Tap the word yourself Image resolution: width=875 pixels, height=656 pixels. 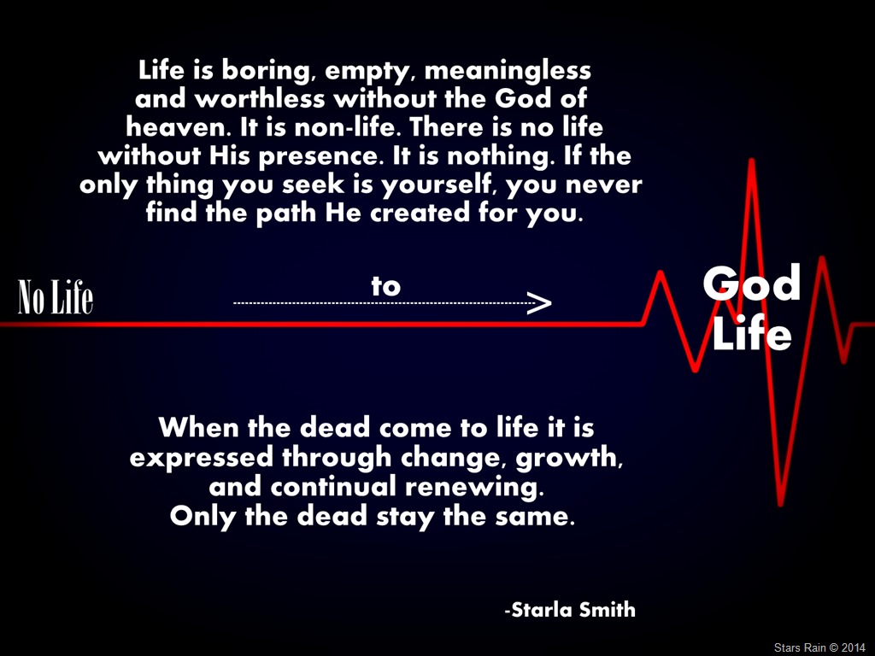click(x=439, y=185)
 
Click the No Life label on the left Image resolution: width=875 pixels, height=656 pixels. click(x=56, y=296)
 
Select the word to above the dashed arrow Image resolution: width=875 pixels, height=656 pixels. click(x=386, y=286)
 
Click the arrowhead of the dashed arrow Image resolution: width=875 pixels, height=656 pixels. click(x=539, y=303)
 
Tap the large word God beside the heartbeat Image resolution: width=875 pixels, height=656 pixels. click(x=752, y=284)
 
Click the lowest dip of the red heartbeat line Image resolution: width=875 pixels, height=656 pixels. click(x=781, y=504)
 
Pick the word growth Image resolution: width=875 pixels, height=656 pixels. click(x=568, y=458)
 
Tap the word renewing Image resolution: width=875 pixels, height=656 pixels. click(x=474, y=487)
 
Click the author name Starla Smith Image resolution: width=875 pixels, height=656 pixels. click(x=570, y=610)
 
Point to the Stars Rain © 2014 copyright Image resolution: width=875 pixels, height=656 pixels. click(x=819, y=647)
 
